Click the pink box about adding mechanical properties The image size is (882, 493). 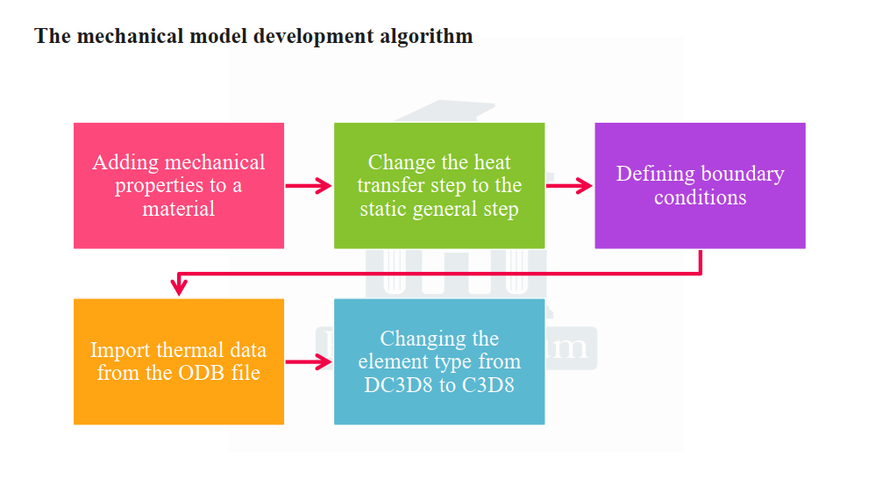pyautogui.click(x=179, y=186)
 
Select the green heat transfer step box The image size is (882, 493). pyautogui.click(x=439, y=186)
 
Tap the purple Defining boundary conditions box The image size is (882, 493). pyautogui.click(x=701, y=186)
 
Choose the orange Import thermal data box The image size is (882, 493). pyautogui.click(x=179, y=361)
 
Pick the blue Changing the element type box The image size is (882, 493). pyautogui.click(x=439, y=361)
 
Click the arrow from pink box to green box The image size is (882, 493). pyautogui.click(x=309, y=186)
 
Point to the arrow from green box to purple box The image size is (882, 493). pyautogui.click(x=569, y=186)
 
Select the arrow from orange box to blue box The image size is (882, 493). pyautogui.click(x=309, y=362)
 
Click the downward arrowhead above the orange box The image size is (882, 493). pyautogui.click(x=179, y=287)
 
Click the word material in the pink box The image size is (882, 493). pyautogui.click(x=178, y=209)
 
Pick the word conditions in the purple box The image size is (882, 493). pyautogui.click(x=701, y=197)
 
